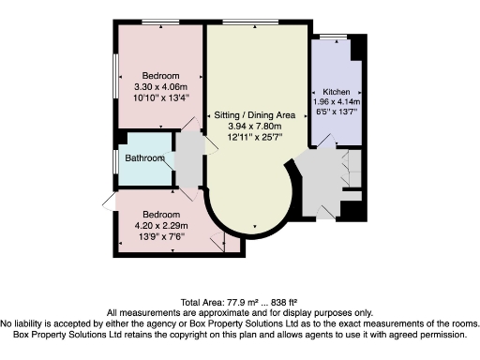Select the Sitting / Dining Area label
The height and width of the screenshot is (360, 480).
pos(252,113)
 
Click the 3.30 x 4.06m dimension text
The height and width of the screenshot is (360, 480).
pos(161,85)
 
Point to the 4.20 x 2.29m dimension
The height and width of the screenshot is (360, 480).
pos(160,226)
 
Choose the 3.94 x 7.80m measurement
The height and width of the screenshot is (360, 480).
pos(252,126)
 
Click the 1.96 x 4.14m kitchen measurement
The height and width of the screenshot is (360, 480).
pos(337,102)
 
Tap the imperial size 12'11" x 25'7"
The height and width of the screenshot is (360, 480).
pos(252,138)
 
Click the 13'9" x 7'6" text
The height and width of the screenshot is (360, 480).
pos(160,237)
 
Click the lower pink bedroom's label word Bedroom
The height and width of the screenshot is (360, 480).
pos(160,215)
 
